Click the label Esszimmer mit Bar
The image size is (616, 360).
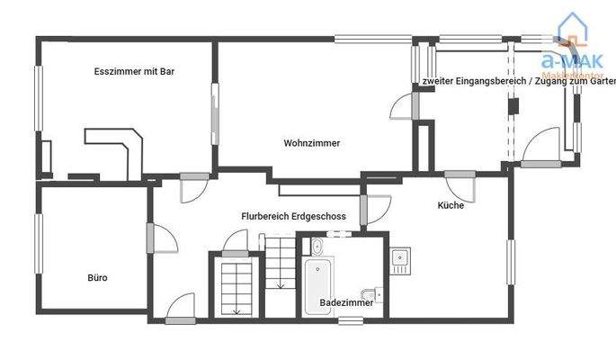coord(133,71)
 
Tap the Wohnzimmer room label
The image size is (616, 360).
coord(311,142)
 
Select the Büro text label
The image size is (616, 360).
coord(97,277)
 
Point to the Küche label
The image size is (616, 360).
coord(451,205)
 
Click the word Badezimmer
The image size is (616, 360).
coord(346,303)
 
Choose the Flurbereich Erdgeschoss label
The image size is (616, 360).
coord(293,216)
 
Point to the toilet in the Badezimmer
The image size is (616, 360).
coord(370,293)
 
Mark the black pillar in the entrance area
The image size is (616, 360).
coord(513,104)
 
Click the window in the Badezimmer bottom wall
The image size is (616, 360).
coord(346,319)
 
